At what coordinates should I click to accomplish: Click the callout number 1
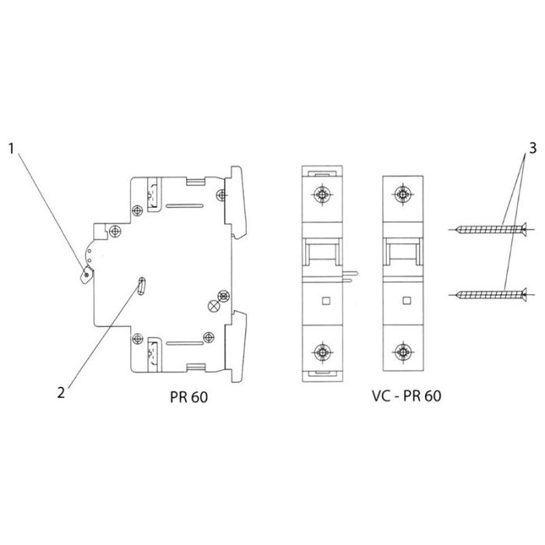[x=12, y=149]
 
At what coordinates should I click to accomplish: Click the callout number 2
[x=62, y=392]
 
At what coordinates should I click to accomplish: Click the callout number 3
[x=533, y=149]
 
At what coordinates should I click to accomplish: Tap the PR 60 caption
[x=188, y=397]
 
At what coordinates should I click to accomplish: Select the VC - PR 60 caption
[x=406, y=396]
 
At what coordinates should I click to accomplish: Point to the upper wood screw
[x=490, y=230]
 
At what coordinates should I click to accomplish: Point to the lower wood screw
[x=490, y=295]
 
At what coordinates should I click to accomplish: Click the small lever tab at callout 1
[x=87, y=275]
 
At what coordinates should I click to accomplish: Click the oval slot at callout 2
[x=141, y=286]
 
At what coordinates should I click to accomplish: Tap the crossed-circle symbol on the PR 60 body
[x=213, y=306]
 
